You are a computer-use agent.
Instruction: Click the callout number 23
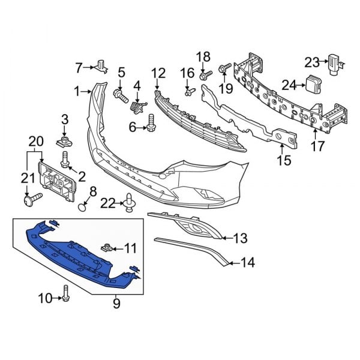click(312, 61)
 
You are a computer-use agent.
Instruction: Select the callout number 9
click(116, 304)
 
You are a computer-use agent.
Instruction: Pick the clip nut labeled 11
click(108, 247)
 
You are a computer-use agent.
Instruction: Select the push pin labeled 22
click(129, 204)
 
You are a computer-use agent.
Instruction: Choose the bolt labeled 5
click(120, 94)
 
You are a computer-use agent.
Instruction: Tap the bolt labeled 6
click(150, 126)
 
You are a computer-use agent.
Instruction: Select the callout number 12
click(158, 73)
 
